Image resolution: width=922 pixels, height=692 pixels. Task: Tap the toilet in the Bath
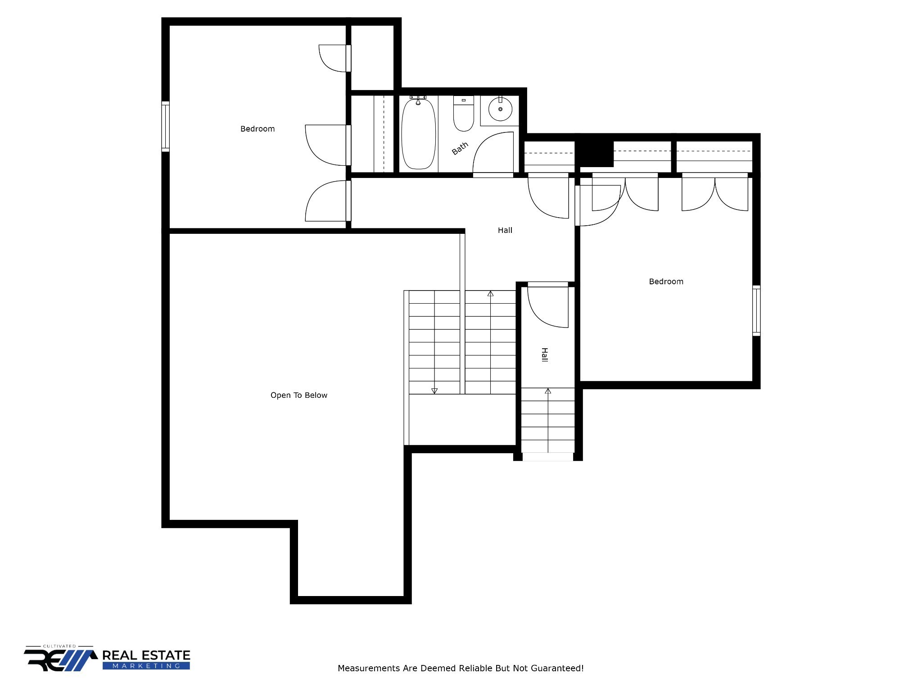tap(463, 114)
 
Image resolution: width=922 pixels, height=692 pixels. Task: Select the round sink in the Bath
tap(500, 109)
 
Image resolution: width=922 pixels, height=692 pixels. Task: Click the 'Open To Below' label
tap(299, 395)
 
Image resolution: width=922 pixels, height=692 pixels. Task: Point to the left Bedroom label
tap(258, 129)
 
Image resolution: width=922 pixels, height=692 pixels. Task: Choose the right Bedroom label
tap(666, 282)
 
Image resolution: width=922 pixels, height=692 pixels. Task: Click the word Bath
tap(460, 148)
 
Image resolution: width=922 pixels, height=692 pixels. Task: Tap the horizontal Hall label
tap(505, 230)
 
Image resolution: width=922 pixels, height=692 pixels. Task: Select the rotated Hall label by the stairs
tap(544, 355)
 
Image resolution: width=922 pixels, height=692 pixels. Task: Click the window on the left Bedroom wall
tap(166, 126)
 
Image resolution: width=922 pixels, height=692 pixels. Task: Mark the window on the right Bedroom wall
tap(756, 310)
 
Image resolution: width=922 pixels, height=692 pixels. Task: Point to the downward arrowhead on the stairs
tap(434, 391)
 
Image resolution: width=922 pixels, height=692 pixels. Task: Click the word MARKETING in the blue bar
tap(146, 666)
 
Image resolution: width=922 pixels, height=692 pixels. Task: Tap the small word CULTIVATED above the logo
tap(59, 646)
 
